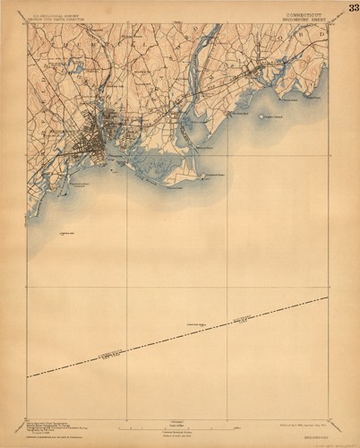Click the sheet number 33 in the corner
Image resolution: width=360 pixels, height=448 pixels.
click(x=352, y=9)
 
